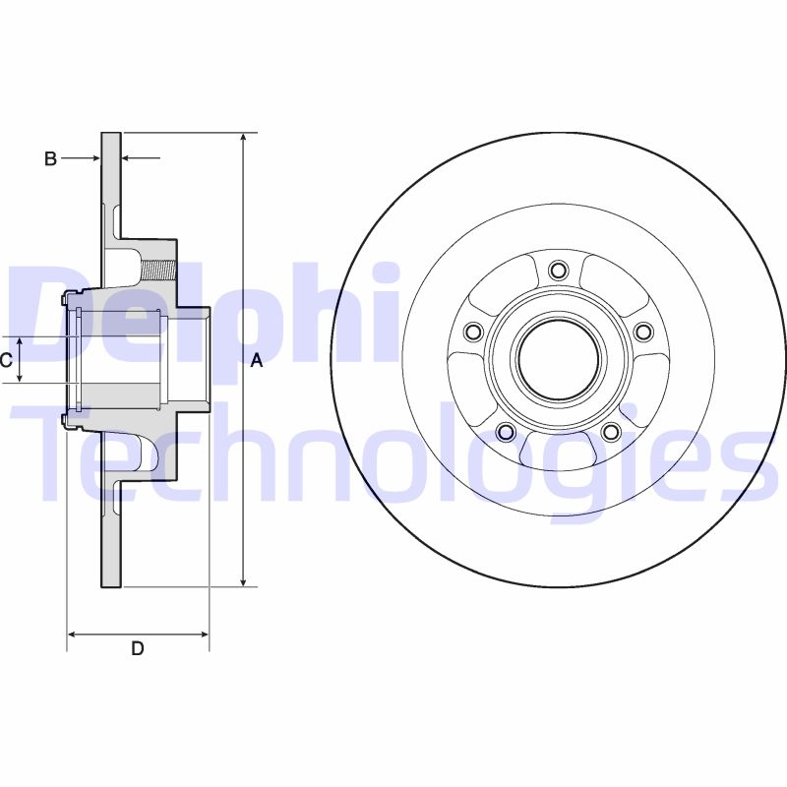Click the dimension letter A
pos(257,361)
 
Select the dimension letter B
pos(50,158)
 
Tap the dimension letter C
pos(6,360)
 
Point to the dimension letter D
pos(138,648)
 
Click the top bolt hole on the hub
pos(559,271)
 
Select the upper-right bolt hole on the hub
pos(643,332)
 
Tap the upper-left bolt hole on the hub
pos(473,332)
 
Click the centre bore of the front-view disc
pos(558,360)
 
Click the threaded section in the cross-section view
pos(157,267)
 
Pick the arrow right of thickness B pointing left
pos(127,157)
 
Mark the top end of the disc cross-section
pos(111,136)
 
